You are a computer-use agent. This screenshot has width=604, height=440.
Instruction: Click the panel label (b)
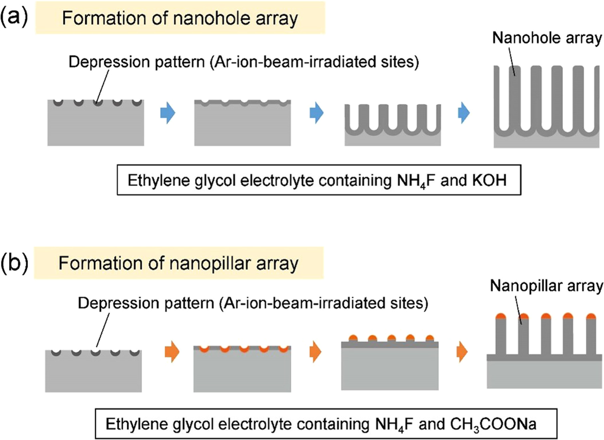(x=14, y=263)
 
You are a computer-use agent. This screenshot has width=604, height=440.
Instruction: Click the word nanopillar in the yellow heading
(x=210, y=263)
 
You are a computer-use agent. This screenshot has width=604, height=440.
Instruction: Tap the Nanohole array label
(x=546, y=38)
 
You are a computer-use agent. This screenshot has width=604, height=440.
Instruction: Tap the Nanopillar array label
(x=546, y=286)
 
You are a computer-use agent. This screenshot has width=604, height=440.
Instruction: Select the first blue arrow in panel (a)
(x=167, y=113)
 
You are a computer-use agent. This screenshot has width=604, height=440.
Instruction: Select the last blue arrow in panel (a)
(x=464, y=113)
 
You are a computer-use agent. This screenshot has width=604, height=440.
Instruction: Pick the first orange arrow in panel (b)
(x=172, y=351)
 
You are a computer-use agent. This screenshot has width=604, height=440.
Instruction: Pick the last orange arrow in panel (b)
(x=462, y=351)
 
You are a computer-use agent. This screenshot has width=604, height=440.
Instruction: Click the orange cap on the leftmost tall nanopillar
(x=501, y=316)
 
